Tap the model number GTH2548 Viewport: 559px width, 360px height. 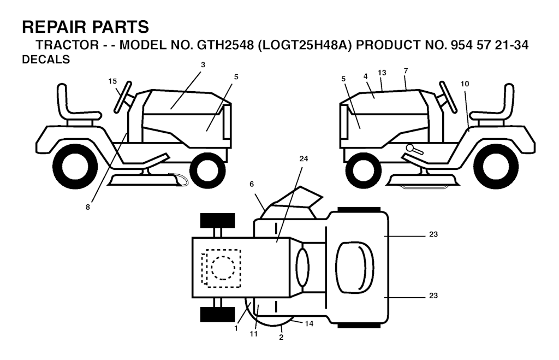(x=225, y=45)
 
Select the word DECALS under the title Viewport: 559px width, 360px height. (x=46, y=60)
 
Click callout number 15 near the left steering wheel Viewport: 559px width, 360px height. (x=112, y=81)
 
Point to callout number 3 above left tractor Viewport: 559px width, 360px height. (x=203, y=65)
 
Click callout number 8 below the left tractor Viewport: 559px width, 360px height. (x=88, y=207)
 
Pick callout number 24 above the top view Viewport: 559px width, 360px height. (x=304, y=159)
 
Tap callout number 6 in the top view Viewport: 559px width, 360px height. (x=252, y=184)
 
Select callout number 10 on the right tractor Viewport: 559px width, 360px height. (x=465, y=84)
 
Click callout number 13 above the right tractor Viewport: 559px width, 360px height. (x=382, y=73)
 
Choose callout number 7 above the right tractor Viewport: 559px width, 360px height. (x=406, y=71)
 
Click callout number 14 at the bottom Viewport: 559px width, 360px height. (x=309, y=323)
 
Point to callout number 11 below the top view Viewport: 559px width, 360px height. (x=253, y=334)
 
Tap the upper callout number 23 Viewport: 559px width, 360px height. (x=433, y=234)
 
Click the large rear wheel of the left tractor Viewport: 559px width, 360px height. (x=75, y=167)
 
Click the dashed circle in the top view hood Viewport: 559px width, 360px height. (x=223, y=268)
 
